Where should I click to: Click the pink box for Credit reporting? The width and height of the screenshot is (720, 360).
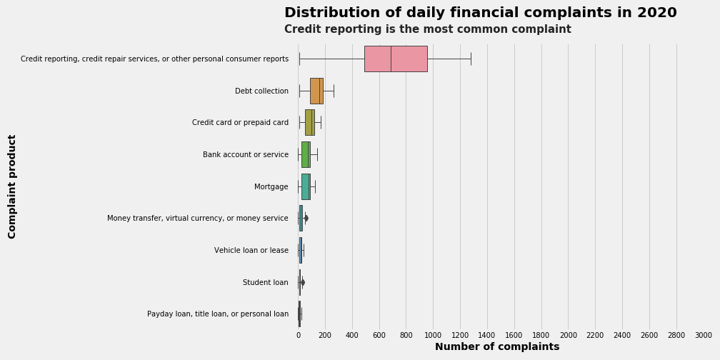395,59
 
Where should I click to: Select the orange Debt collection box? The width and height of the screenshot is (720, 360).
316,91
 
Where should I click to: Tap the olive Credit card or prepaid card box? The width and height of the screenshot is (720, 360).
309,122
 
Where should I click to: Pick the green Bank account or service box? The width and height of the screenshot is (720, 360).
305,154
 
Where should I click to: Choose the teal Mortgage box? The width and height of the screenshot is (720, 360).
305,186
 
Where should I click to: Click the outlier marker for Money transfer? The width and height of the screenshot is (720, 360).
306,218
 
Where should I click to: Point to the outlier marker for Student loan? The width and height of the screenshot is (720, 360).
303,282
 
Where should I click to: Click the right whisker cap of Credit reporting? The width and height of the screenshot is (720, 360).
471,59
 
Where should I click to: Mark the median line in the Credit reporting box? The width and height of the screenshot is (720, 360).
391,59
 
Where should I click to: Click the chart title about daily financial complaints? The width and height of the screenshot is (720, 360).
480,13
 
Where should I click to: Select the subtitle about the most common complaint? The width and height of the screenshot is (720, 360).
427,29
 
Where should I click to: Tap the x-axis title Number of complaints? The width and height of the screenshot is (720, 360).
497,347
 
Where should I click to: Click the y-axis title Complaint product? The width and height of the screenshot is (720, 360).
12,186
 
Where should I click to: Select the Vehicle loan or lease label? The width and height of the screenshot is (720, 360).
251,251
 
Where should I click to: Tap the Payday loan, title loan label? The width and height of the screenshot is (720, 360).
218,314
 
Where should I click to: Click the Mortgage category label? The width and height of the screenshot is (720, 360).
271,186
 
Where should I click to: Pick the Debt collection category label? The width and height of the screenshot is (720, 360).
261,91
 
